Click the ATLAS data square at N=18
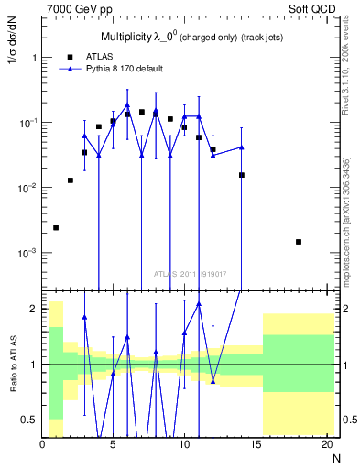point(299,242)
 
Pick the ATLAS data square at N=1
point(56,227)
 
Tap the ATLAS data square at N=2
point(71,180)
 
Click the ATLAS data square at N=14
point(242,174)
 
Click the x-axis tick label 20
point(326,445)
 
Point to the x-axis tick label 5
point(113,445)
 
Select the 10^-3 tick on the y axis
point(27,253)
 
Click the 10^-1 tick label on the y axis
point(27,123)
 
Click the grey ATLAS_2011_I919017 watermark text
point(186,273)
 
